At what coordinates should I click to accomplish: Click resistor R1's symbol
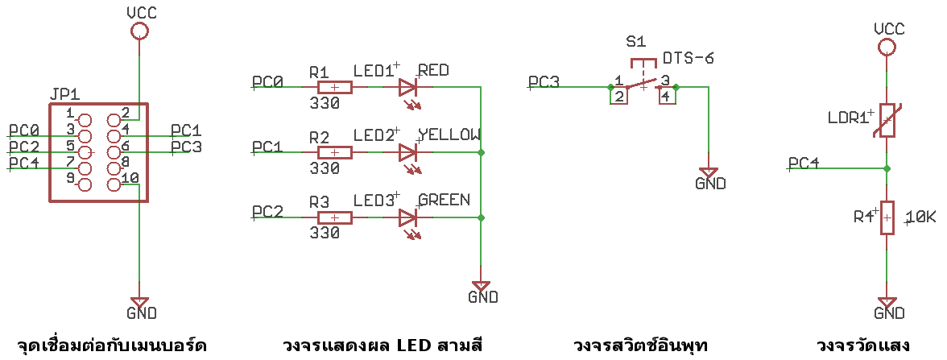334,88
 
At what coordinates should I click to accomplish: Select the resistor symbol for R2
334,152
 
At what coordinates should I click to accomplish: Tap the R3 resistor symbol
334,217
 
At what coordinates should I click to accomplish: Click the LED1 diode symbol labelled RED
407,88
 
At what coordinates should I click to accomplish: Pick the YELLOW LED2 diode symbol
407,152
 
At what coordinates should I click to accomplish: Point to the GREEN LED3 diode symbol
407,217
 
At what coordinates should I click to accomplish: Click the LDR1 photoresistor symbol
887,122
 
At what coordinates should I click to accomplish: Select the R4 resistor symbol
887,217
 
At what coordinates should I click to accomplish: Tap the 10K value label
920,217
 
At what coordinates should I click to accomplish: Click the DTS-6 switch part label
688,59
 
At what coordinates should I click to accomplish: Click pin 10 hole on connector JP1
114,185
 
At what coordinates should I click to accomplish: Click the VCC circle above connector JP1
139,31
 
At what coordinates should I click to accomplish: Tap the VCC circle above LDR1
887,47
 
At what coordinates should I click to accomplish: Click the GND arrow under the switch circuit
709,172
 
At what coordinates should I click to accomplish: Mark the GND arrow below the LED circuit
481,286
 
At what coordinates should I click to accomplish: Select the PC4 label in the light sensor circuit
804,163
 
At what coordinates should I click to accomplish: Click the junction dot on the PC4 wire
887,168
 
